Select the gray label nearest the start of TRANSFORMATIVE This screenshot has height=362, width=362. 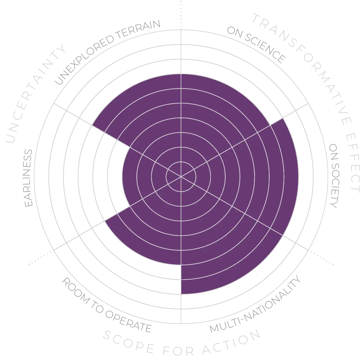coord(256,45)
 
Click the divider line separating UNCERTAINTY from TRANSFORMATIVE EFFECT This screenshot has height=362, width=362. coord(181,36)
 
